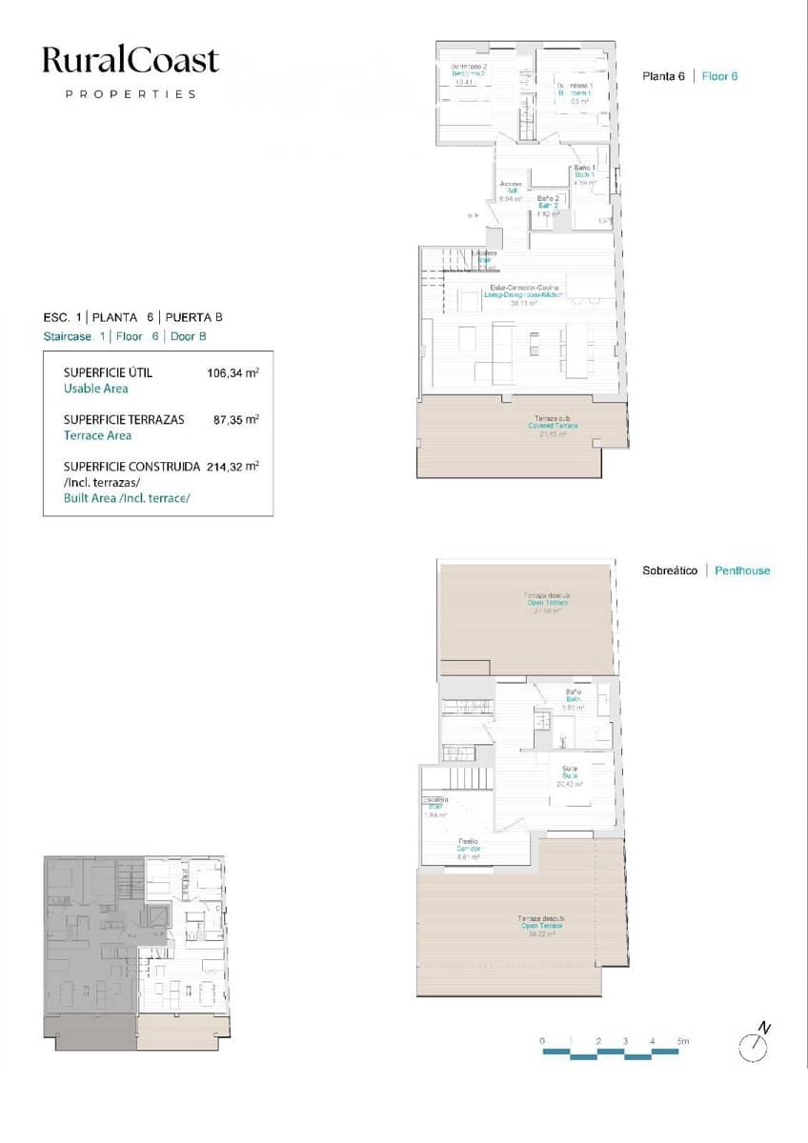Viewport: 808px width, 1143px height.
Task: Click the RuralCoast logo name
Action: coord(131,61)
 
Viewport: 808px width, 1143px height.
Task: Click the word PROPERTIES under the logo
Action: coord(131,94)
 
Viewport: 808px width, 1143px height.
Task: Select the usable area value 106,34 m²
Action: coord(232,373)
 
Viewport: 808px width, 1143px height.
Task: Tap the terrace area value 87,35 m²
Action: coord(235,419)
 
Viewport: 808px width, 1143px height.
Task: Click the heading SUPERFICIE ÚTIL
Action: coord(108,372)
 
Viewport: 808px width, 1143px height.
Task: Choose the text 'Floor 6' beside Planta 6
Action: coord(719,76)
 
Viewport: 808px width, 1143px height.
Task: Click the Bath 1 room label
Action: coord(584,174)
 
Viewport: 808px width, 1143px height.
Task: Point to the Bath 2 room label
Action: coord(548,205)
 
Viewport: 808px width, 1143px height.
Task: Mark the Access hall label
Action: coord(510,190)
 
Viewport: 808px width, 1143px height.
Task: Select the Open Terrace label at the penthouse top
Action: coord(548,602)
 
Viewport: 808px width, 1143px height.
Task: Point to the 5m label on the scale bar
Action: coord(682,1041)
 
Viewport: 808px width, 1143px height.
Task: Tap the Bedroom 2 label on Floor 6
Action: coord(468,73)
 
